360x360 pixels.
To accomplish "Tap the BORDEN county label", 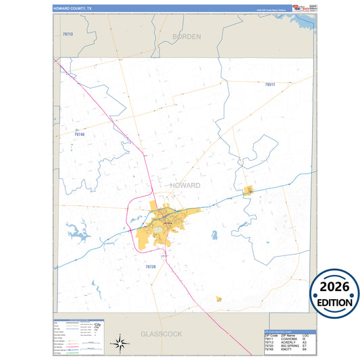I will (186, 36).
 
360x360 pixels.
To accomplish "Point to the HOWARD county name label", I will (180, 185).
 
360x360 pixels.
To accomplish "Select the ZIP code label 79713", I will (68, 34).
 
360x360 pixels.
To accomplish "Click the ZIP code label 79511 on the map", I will (270, 85).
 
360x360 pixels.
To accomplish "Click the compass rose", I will (120, 344).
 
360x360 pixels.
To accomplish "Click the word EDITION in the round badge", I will (335, 302).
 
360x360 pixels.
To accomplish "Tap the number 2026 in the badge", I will (335, 286).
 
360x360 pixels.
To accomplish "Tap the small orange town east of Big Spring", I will (248, 191).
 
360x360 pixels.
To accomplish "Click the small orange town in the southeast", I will (219, 299).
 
